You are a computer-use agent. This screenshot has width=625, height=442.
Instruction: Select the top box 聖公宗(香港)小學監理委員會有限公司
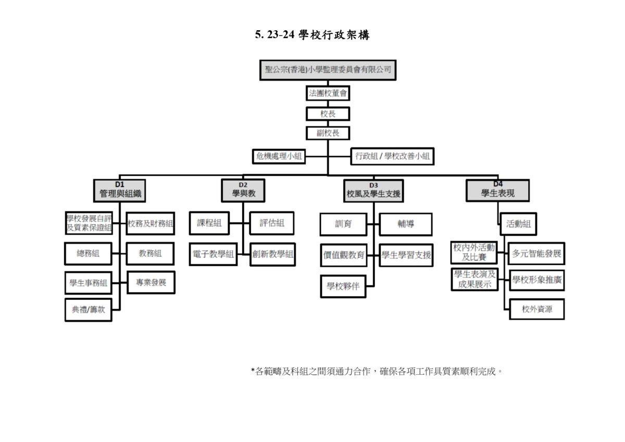pos(328,70)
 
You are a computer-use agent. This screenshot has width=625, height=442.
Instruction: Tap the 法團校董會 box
pos(328,93)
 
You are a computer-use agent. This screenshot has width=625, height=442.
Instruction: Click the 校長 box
pos(328,114)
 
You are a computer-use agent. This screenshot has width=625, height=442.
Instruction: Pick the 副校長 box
pos(328,133)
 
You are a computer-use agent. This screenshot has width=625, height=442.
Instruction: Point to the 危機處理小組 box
pos(279,156)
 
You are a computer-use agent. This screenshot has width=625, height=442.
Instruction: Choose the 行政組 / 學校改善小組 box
pos(392,156)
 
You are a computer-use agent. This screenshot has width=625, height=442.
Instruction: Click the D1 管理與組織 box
pos(119,191)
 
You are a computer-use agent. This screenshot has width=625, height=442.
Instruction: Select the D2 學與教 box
pos(243,191)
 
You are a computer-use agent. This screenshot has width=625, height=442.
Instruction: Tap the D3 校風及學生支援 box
pos(373,191)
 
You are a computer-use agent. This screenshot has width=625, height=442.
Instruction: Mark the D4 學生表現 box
pos(498,191)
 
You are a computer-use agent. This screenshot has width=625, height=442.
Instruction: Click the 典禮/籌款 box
pos(89,310)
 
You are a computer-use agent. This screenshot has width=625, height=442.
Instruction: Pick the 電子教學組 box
pos(213,254)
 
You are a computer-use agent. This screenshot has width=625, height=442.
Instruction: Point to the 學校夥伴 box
pos(343,286)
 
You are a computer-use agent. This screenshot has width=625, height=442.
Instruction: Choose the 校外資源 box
pos(537,309)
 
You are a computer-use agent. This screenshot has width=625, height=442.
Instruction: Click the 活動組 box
pos(518,224)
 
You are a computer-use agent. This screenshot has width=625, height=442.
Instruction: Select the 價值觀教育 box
pos(344,255)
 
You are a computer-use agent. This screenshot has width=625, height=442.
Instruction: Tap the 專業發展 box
pos(151,283)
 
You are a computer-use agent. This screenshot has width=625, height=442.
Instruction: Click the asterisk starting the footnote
pos(253,370)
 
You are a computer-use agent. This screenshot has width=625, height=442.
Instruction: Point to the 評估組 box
pos(272,223)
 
